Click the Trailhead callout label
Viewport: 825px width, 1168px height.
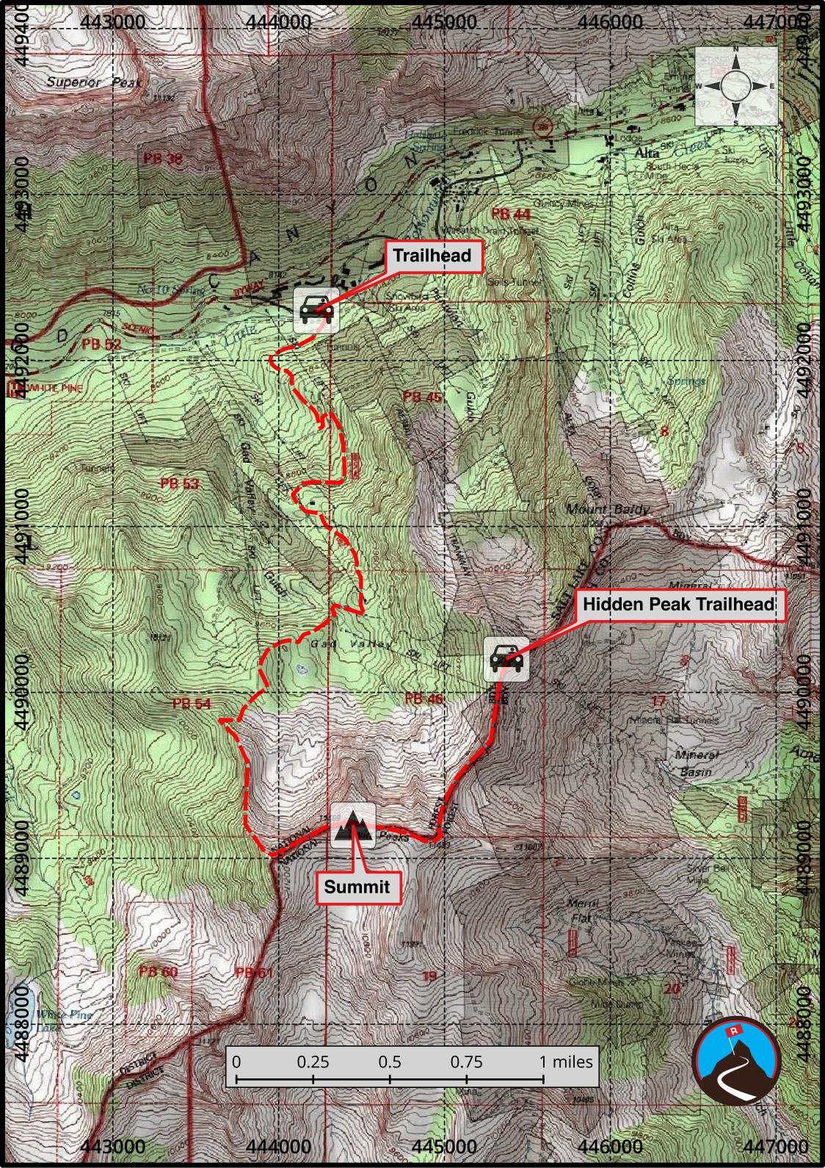tap(431, 256)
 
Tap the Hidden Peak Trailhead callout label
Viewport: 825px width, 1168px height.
tap(678, 604)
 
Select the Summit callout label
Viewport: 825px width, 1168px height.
tap(357, 887)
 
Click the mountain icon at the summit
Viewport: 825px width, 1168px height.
tap(353, 826)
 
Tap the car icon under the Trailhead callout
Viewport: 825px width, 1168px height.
tap(316, 310)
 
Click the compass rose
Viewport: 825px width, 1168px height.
tap(736, 86)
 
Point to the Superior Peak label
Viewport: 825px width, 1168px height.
tap(94, 82)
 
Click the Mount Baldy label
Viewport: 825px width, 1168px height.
tap(606, 509)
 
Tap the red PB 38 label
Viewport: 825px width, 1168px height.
tap(163, 158)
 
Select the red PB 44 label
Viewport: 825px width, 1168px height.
tap(511, 214)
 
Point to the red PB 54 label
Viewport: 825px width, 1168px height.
tap(192, 704)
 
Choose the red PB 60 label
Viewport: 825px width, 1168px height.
tap(158, 972)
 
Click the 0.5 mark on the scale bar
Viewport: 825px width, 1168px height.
tap(390, 1061)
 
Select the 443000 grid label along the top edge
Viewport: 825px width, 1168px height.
tap(114, 21)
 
